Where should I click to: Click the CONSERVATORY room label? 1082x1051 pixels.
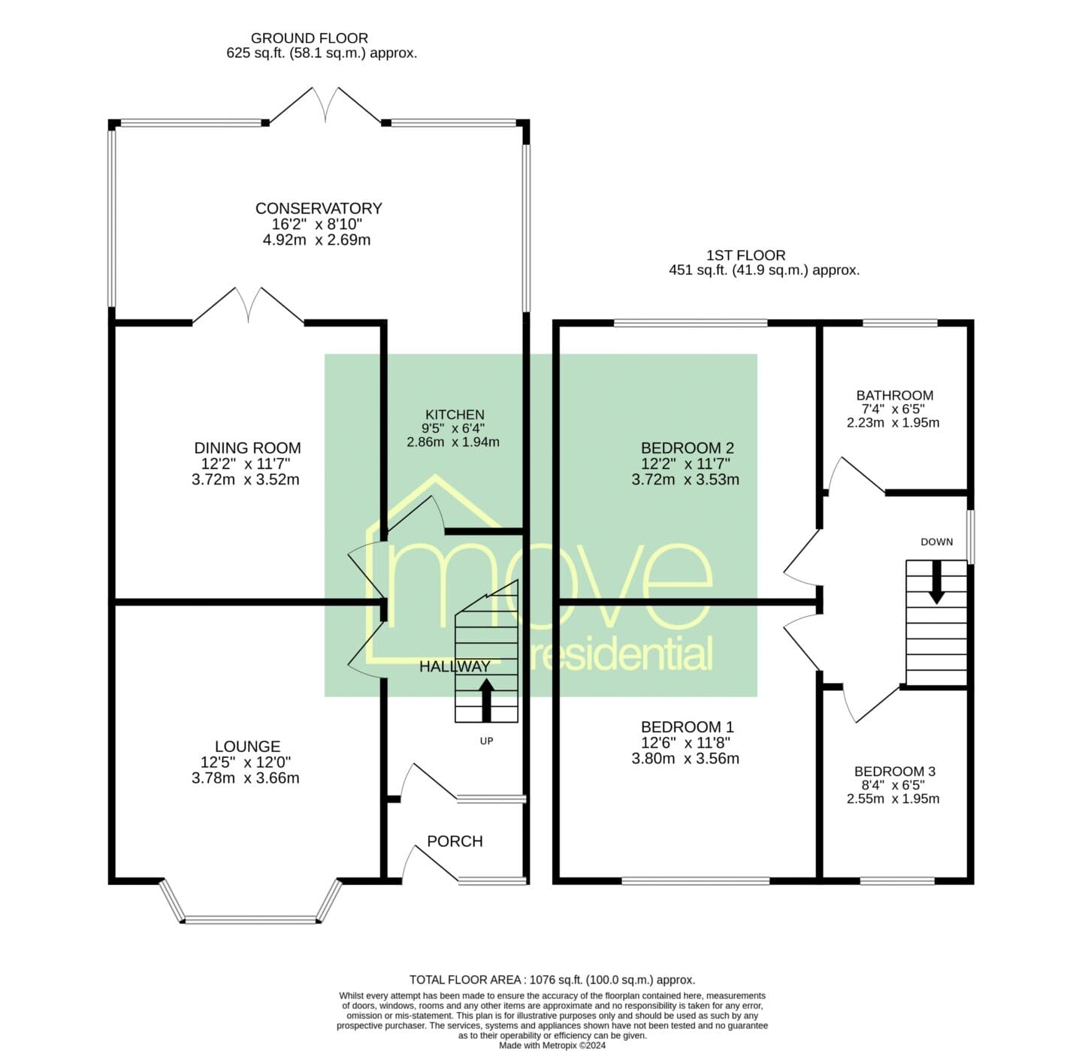[319, 208]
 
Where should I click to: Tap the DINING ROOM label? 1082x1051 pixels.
[247, 448]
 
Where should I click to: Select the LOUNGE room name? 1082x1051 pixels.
[247, 747]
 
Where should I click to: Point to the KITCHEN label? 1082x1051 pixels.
[455, 415]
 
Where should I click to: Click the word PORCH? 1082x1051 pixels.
[455, 841]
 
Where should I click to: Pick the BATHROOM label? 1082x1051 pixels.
[895, 396]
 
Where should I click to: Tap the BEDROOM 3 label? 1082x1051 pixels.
[895, 772]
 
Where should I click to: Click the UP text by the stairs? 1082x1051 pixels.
[486, 741]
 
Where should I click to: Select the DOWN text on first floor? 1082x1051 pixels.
[937, 542]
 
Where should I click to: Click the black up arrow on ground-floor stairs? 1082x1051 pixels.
[486, 699]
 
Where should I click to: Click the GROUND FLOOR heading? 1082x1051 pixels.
[309, 38]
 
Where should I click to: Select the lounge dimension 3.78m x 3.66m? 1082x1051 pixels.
[245, 778]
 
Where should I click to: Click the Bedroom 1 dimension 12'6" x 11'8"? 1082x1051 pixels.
[685, 743]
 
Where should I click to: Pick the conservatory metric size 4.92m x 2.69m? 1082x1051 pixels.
[316, 240]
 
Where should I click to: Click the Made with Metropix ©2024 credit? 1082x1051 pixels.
[552, 1046]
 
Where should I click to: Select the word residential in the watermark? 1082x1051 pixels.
[618, 654]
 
